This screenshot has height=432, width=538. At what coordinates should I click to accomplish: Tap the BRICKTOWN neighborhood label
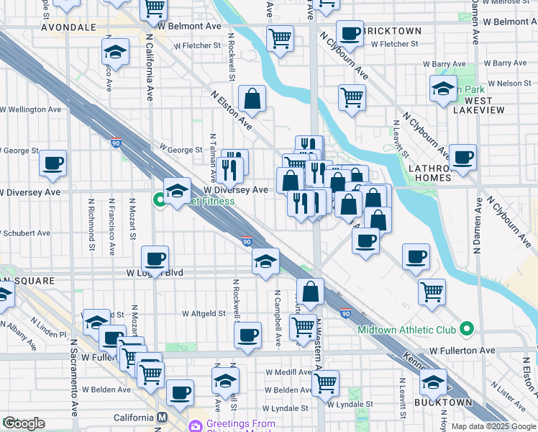point(392,32)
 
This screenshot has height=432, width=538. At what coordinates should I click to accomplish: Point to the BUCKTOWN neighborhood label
point(444,402)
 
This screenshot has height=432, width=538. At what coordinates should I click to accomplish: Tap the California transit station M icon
point(163,418)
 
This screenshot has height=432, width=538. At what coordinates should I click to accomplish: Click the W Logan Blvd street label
point(155,274)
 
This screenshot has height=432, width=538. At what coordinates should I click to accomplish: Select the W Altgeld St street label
point(205,314)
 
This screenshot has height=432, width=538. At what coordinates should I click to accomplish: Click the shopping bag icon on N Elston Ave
point(252,98)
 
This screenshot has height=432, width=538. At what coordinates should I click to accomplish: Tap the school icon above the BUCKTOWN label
point(433,381)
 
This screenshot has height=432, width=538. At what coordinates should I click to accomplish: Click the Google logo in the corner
point(24,423)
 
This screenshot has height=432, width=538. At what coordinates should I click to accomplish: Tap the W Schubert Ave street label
point(25,233)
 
